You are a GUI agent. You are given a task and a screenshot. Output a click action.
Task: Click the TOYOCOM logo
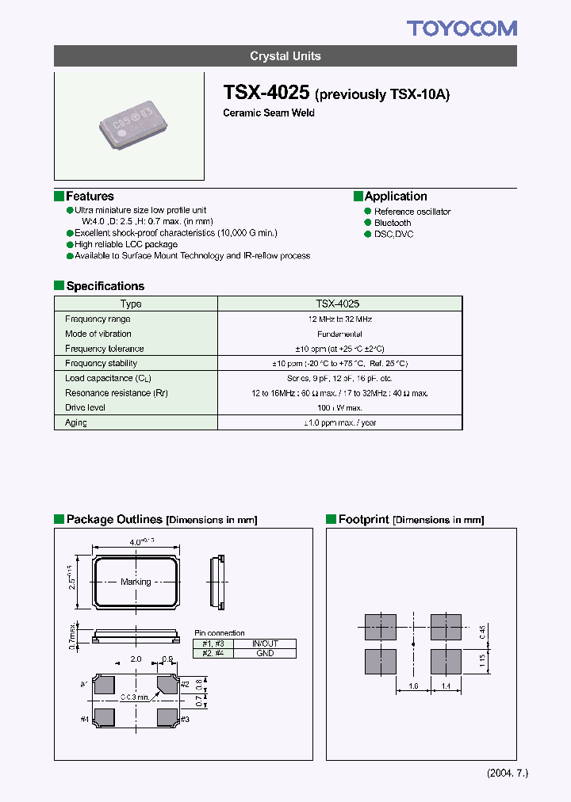(x=462, y=29)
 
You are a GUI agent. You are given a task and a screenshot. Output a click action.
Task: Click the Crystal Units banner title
(x=285, y=56)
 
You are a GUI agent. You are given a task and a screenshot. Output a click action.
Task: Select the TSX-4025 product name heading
(x=266, y=93)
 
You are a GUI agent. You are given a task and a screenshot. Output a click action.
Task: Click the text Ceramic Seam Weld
(x=269, y=113)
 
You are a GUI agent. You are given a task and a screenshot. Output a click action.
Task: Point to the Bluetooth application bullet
(x=393, y=223)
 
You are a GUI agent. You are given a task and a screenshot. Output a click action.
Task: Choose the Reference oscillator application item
(x=412, y=212)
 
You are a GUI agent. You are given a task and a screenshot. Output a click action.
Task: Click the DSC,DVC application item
(x=393, y=234)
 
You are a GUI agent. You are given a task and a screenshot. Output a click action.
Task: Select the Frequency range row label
(x=98, y=319)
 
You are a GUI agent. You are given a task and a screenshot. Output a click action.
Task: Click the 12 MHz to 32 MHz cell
(x=339, y=319)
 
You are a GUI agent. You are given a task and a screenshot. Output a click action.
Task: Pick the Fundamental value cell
(x=339, y=334)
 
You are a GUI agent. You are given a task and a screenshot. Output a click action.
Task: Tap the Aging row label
(x=76, y=422)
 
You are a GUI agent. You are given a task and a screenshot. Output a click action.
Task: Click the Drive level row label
(x=85, y=407)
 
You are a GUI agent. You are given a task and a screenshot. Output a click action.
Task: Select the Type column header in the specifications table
(x=131, y=304)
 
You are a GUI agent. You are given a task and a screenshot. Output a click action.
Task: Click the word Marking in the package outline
(x=136, y=582)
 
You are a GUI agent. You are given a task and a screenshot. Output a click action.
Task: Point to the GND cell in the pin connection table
(x=265, y=653)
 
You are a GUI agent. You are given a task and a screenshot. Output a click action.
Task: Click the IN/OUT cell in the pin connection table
(x=265, y=644)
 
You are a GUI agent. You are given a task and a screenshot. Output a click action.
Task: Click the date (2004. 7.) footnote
(x=506, y=773)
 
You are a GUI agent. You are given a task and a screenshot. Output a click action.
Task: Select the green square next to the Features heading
(x=59, y=196)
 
